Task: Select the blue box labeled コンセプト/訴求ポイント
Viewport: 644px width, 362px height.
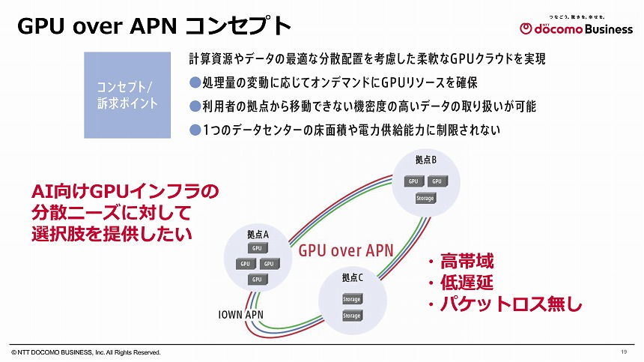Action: [x=127, y=95]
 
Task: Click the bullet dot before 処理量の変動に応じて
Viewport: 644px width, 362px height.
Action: [x=195, y=81]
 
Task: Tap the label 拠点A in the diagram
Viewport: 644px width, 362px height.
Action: [x=258, y=234]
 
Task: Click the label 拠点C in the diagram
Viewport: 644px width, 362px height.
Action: [x=352, y=278]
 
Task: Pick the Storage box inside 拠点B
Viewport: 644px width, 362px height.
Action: [x=425, y=199]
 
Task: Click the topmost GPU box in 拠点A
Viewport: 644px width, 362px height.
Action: [x=257, y=248]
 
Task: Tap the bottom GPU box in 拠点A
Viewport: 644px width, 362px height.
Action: [x=257, y=279]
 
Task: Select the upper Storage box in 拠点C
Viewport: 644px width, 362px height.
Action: [x=352, y=299]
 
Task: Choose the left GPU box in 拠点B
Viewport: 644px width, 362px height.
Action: [x=413, y=181]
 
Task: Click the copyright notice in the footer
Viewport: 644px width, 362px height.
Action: [x=85, y=352]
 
